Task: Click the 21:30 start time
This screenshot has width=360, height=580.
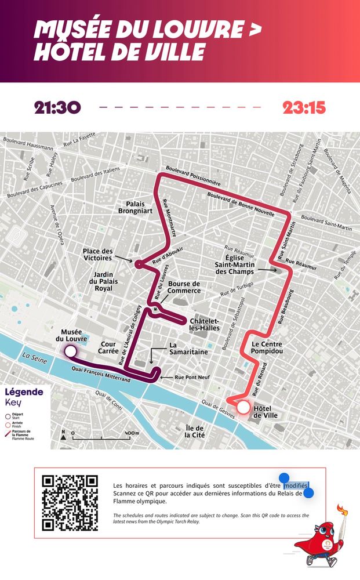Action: [57, 108]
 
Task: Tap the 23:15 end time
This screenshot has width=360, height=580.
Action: [304, 108]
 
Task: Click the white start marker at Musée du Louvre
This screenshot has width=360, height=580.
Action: [70, 351]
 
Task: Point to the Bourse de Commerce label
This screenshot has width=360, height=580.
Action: [184, 287]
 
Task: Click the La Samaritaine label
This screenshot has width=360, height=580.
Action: [188, 348]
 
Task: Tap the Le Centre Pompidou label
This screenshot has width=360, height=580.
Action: [267, 347]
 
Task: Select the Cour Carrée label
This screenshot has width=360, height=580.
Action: [108, 347]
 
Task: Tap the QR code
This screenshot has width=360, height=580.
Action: [70, 503]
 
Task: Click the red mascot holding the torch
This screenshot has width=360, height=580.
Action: [322, 536]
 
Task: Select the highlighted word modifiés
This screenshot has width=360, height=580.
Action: [296, 485]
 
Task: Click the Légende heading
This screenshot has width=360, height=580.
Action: [24, 392]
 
